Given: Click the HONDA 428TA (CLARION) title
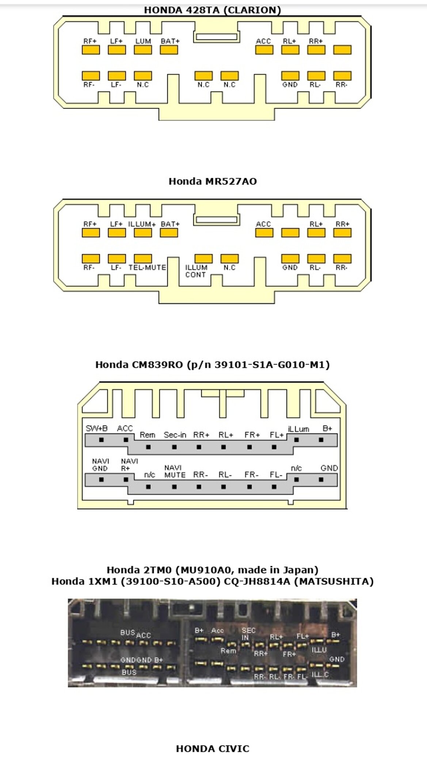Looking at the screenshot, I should pos(212,10).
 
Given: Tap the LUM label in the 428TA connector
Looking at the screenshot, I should pos(143,41).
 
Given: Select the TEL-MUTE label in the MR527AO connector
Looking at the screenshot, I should pos(147,267).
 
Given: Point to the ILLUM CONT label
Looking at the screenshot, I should pos(196,271).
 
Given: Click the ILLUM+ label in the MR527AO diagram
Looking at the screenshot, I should pos(142,224).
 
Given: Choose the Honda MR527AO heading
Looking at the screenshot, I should pos(213,181).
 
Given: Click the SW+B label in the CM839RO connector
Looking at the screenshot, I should pos(96,428).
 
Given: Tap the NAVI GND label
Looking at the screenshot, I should pos(100,465).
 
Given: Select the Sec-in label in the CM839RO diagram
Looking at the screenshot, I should pos(175,435).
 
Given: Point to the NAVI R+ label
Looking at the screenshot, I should pos(129,465).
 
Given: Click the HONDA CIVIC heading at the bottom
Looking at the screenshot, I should pos(213,749).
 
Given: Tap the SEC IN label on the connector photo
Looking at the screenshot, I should pos(248,634).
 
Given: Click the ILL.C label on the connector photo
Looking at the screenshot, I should pos(320,675).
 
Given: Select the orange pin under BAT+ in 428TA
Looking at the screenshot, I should pos(169,50).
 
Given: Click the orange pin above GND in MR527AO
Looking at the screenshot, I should pos(290,259).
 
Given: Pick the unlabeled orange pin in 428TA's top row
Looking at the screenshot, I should pos(342,50).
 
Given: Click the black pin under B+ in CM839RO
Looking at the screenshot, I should pos(321,440).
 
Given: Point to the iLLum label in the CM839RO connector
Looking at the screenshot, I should pos(298,429).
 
